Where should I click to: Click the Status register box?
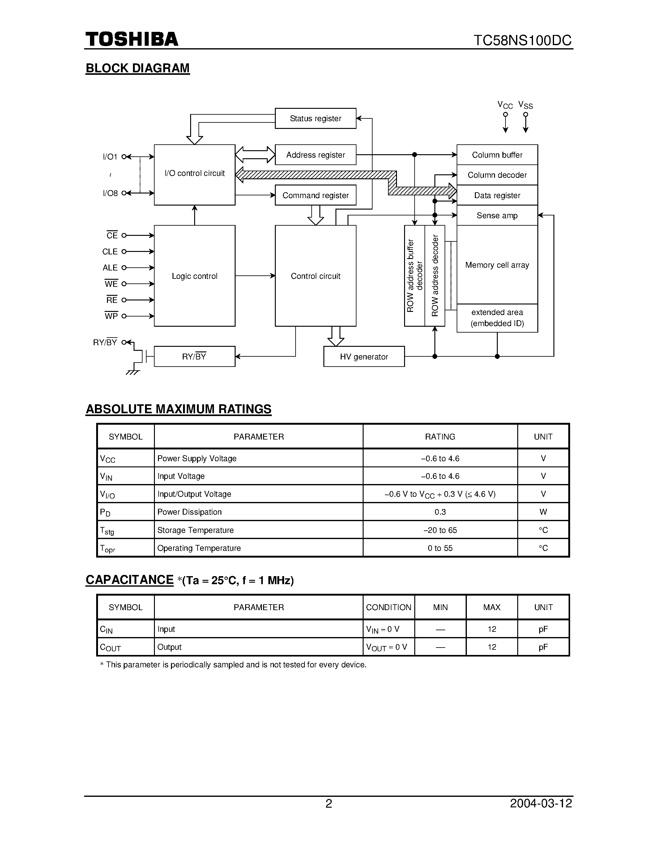coord(315,118)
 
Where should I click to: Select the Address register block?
coord(315,155)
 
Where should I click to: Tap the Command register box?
coord(315,195)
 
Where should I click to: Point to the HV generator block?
coord(364,356)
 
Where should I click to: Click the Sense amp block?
coord(497,215)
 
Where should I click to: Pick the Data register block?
coord(497,195)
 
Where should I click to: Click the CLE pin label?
coord(110,251)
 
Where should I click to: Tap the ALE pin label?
coord(110,268)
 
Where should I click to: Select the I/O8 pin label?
coord(110,193)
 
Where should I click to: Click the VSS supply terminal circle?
coord(525,114)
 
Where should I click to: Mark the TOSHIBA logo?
coord(132,39)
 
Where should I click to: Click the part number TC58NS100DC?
coord(522,40)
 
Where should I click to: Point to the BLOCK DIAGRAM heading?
coord(137,68)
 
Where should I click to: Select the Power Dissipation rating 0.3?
coord(440,512)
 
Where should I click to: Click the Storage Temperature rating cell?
coord(440,530)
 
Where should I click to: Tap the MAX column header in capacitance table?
coord(492,607)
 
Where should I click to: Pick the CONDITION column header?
coord(388,607)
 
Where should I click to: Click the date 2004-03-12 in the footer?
coord(541,803)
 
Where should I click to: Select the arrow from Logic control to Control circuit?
coord(255,275)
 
